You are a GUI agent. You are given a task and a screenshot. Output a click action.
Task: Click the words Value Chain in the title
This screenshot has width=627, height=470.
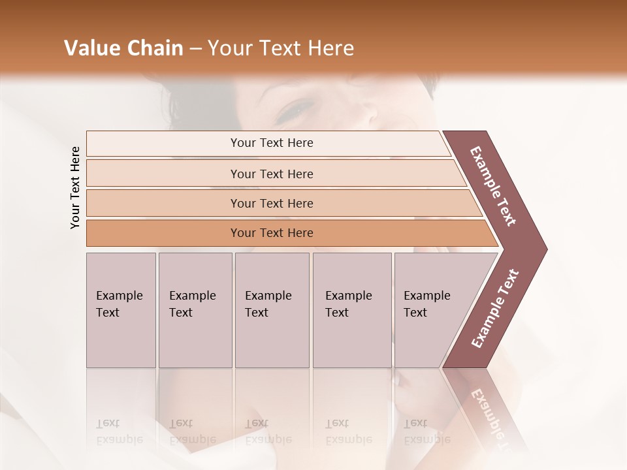click(123, 48)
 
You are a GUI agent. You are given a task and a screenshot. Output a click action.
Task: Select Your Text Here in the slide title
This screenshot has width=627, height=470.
click(281, 48)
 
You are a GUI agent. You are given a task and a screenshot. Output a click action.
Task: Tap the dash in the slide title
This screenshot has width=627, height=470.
click(195, 49)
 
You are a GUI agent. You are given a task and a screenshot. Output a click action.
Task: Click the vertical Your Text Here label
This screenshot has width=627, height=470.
click(75, 187)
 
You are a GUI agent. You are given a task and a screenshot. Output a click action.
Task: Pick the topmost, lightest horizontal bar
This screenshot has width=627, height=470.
click(271, 143)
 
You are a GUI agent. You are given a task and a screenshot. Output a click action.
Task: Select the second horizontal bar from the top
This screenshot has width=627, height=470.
click(271, 174)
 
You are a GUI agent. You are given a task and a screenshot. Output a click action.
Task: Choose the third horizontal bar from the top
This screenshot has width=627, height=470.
click(271, 203)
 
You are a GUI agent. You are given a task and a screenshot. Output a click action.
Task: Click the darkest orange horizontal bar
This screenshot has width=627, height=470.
click(271, 233)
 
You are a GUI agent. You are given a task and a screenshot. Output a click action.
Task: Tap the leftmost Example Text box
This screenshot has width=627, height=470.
click(121, 310)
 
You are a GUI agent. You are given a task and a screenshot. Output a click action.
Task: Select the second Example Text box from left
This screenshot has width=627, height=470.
click(195, 310)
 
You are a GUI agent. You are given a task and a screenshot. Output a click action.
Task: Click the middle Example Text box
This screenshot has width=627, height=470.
click(272, 310)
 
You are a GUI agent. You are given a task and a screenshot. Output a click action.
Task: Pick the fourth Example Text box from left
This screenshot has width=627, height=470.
click(351, 310)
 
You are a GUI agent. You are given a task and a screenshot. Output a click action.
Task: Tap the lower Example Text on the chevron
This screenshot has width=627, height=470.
click(495, 309)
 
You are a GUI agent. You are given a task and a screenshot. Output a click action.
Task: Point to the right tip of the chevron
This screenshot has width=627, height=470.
click(545, 249)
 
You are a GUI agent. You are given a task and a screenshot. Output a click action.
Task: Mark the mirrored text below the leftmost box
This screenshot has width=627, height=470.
click(118, 431)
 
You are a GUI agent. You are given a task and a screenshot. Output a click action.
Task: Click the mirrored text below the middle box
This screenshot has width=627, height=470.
click(268, 431)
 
